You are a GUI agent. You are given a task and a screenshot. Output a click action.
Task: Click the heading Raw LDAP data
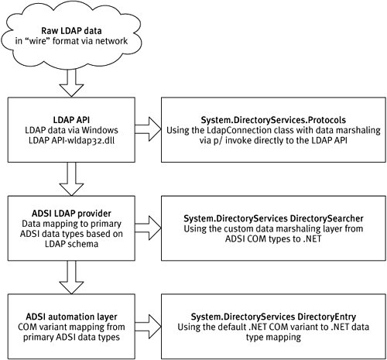point(71,31)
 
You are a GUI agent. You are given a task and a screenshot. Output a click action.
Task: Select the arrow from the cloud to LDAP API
point(71,83)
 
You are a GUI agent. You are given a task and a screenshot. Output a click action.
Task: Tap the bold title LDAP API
point(71,120)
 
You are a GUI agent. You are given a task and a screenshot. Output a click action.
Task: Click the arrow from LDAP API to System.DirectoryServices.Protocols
point(148,129)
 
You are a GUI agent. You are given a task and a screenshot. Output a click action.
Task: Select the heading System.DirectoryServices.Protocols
point(273,120)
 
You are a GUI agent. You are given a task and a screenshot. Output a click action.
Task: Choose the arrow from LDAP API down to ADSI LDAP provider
point(71,179)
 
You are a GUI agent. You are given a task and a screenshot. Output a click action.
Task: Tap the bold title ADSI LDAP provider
point(71,214)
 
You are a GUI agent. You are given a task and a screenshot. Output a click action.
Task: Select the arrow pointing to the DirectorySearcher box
point(148,228)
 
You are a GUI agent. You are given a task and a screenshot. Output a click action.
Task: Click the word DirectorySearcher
point(327,218)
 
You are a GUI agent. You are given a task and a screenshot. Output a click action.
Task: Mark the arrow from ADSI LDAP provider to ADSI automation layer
point(71,277)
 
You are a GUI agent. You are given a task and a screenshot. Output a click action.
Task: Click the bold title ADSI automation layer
point(71,317)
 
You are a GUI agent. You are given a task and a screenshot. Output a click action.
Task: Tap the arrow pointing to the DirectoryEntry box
point(148,327)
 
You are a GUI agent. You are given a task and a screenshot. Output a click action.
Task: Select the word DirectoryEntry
point(327,317)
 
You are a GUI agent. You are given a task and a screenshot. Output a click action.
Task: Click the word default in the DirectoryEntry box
point(232,327)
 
